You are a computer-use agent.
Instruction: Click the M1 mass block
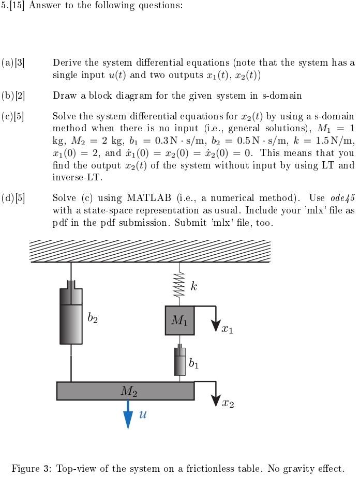click(179, 320)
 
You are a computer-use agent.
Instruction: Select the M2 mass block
click(126, 391)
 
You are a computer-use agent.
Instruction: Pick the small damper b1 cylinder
click(179, 361)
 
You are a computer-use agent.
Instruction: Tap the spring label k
click(193, 286)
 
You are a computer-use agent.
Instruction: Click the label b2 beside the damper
click(93, 318)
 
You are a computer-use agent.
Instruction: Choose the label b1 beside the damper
click(193, 364)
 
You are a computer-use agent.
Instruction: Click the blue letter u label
click(143, 413)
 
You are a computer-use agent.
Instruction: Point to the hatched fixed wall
click(150, 251)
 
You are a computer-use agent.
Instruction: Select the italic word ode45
click(342, 198)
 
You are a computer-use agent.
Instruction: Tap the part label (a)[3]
click(13, 63)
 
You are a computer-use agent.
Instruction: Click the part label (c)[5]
click(13, 115)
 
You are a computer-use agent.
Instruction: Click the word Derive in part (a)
click(67, 63)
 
